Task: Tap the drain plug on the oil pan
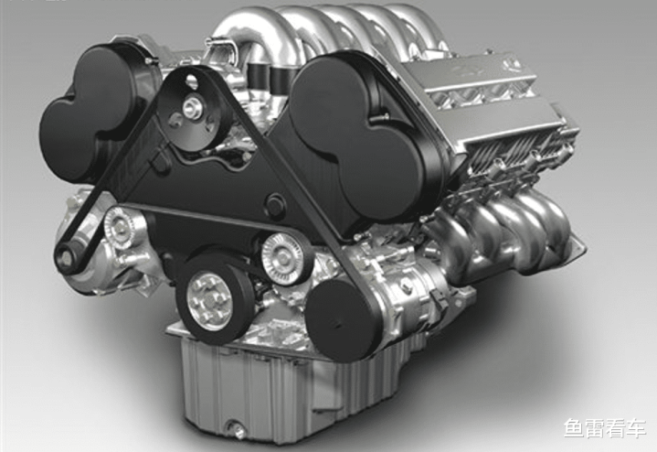point(238,429)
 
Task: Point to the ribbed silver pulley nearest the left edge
point(120,229)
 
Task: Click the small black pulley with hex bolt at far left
point(66,256)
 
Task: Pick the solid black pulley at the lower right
point(343,320)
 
